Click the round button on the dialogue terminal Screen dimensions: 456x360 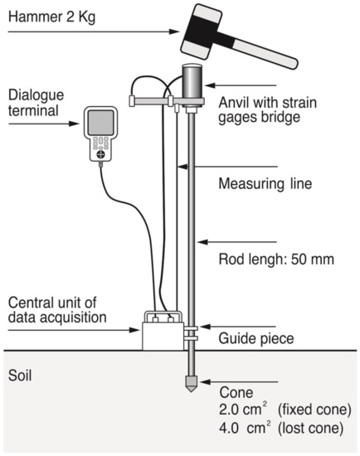click(x=100, y=155)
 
